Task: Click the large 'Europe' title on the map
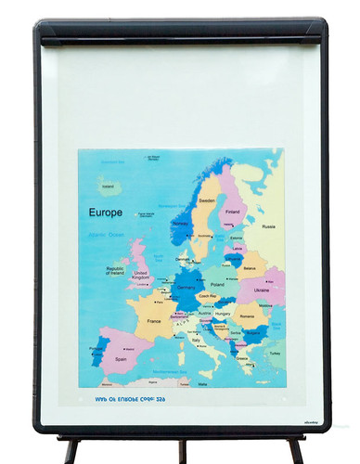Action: tap(106, 212)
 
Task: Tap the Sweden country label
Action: tap(207, 200)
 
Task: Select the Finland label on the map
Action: tap(233, 211)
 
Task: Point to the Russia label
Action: tap(268, 226)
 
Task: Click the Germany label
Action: tap(186, 288)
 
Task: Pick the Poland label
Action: tap(217, 285)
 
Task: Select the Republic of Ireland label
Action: tap(109, 270)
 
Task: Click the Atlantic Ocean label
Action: tap(105, 235)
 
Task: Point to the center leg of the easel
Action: tap(182, 451)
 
